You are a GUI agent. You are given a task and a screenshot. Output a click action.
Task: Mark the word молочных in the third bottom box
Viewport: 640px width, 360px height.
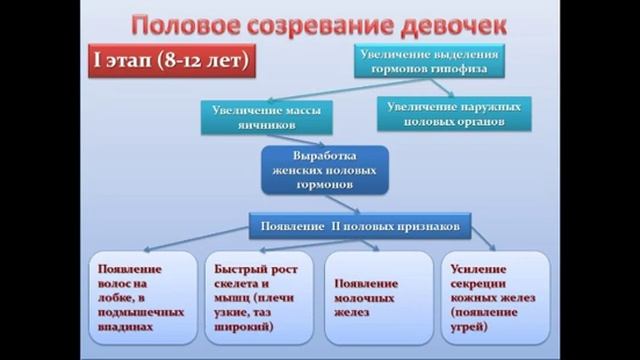[365, 298]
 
